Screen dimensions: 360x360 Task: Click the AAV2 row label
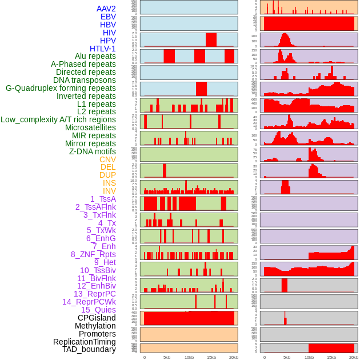pos(106,9)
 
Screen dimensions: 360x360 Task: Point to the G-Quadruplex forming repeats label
pos(61,88)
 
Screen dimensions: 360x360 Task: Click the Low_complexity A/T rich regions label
pos(58,119)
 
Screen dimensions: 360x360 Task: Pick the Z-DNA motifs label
pos(92,151)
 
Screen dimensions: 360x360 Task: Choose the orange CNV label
pos(107,159)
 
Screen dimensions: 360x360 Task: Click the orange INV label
pos(109,191)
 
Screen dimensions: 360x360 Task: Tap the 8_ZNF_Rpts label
pos(93,254)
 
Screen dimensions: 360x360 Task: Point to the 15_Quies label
pos(98,310)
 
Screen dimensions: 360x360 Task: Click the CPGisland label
pos(97,318)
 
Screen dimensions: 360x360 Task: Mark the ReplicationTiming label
pos(85,342)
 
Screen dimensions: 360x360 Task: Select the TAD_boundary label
pos(89,349)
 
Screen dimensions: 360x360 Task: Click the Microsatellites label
pos(90,127)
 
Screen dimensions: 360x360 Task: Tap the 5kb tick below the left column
pos(167,357)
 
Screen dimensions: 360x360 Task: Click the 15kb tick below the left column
pos(211,357)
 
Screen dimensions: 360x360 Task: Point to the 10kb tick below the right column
pos(309,357)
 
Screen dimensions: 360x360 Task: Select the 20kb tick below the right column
pos(354,357)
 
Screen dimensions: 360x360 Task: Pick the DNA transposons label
pos(85,80)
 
